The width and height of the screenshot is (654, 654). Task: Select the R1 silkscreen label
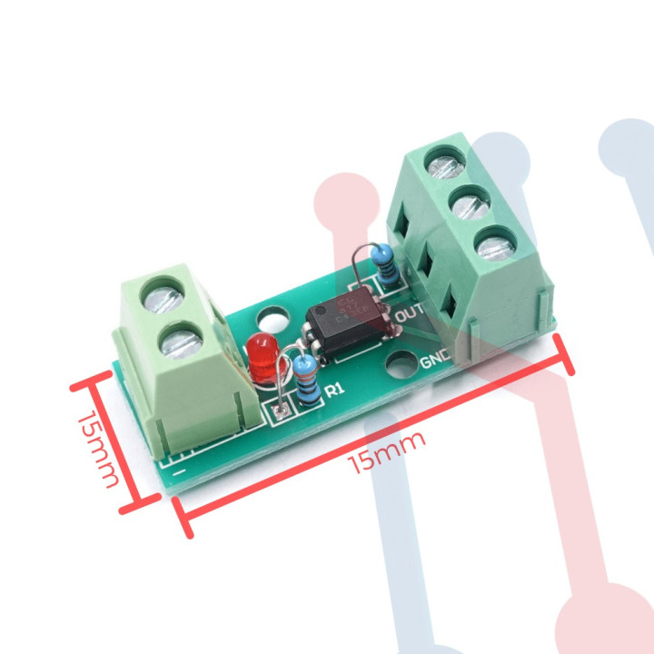333,391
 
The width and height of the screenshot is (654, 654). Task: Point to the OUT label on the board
411,314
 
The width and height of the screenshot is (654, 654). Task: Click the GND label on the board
435,361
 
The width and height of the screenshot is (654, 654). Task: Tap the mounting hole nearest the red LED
270,321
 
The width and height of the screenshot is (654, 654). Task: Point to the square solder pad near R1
280,414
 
